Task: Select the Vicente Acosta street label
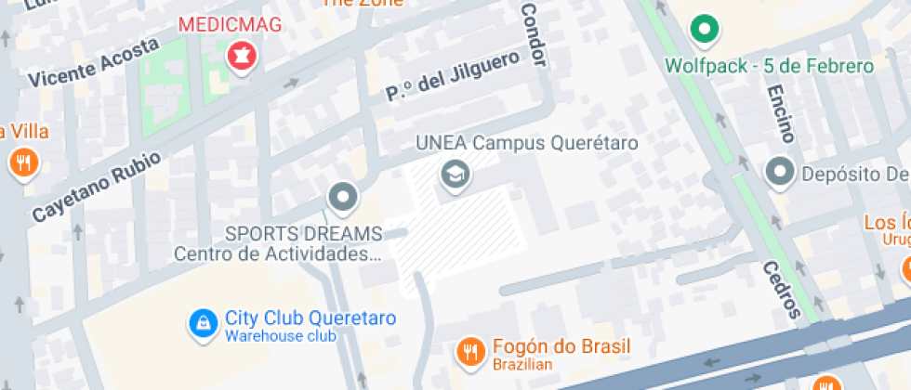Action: [87, 65]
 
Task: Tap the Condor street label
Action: [532, 34]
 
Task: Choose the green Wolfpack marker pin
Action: [705, 31]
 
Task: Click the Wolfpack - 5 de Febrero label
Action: [771, 66]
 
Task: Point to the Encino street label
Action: [779, 113]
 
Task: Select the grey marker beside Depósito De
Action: [779, 172]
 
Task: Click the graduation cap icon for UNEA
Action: [455, 174]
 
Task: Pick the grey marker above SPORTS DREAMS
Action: [343, 197]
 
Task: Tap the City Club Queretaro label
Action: [310, 318]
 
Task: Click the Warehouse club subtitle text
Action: [280, 336]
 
